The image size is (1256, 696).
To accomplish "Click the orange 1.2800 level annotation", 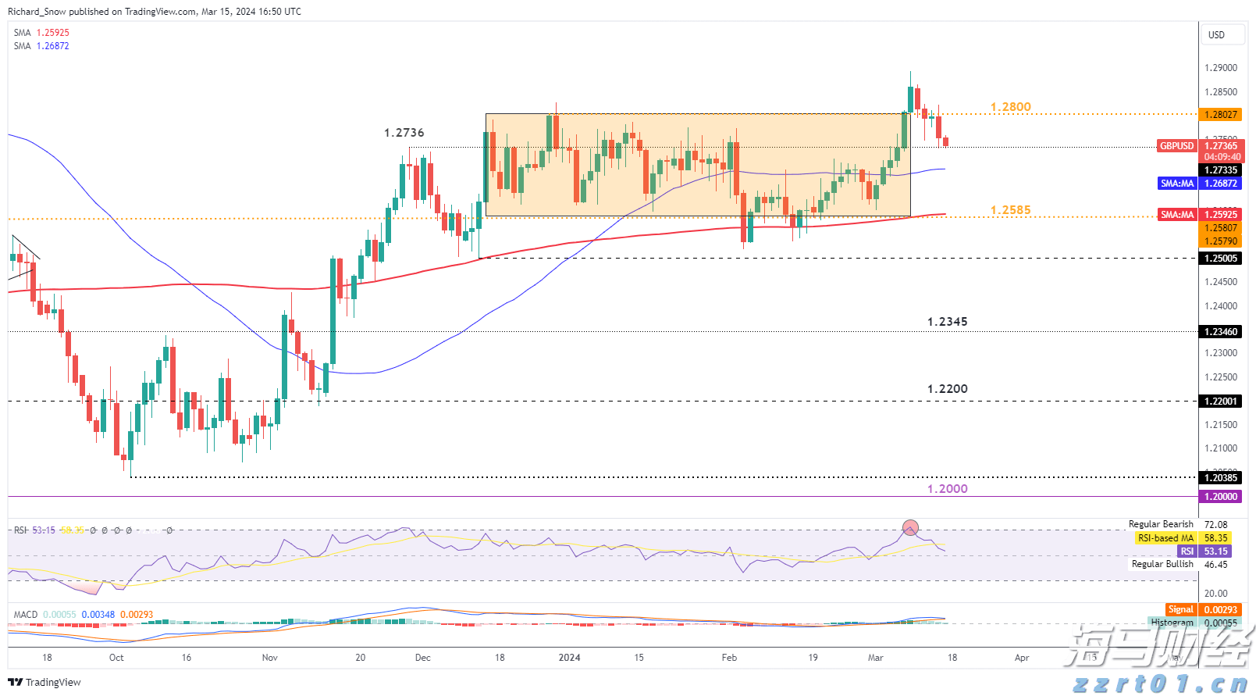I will [1010, 107].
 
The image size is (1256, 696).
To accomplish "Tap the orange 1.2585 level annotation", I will [1010, 210].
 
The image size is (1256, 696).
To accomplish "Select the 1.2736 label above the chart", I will [404, 133].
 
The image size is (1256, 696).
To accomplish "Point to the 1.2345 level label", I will [947, 322].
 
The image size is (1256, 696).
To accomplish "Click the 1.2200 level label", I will [947, 389].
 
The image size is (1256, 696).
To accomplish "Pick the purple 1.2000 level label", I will [947, 489].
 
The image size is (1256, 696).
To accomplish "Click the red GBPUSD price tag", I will [1176, 146].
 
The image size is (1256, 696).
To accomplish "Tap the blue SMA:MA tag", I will [1176, 184].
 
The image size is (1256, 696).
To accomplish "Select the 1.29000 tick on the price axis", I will [1220, 68].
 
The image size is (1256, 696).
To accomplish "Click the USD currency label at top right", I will [1216, 35].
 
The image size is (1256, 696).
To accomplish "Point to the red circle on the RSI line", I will [910, 529].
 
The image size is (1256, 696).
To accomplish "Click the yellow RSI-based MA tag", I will [1165, 538].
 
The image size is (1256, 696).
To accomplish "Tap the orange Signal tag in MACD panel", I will [1180, 609].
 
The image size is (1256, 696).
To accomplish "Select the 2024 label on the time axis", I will [569, 658].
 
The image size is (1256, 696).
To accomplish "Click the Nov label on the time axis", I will [269, 658].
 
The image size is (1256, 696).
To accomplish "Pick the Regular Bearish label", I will [1160, 524].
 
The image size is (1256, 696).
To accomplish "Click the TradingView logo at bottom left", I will [44, 682].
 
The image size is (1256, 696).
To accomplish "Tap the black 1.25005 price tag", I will [1221, 259].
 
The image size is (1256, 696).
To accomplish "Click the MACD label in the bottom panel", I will [26, 615].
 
